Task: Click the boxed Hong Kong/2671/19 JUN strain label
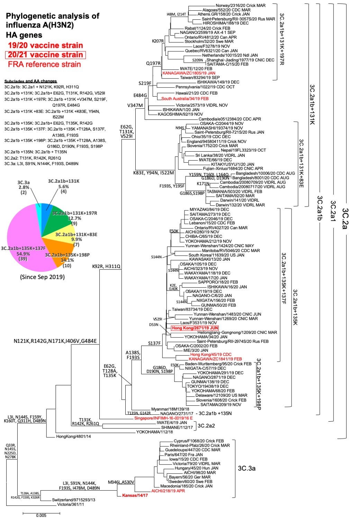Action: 195,328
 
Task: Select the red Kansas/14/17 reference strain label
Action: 135,495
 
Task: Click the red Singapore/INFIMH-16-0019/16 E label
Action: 164,418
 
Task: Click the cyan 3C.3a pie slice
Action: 38,207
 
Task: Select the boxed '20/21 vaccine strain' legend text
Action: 45,55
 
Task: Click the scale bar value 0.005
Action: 41,515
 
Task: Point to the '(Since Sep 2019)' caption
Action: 42,277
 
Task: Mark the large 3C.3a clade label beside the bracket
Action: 246,468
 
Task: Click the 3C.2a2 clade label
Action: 206,425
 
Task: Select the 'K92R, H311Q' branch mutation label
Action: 106,267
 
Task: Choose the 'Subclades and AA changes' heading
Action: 30,81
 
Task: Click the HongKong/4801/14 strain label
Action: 73,437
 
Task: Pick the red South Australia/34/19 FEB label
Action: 185,99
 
